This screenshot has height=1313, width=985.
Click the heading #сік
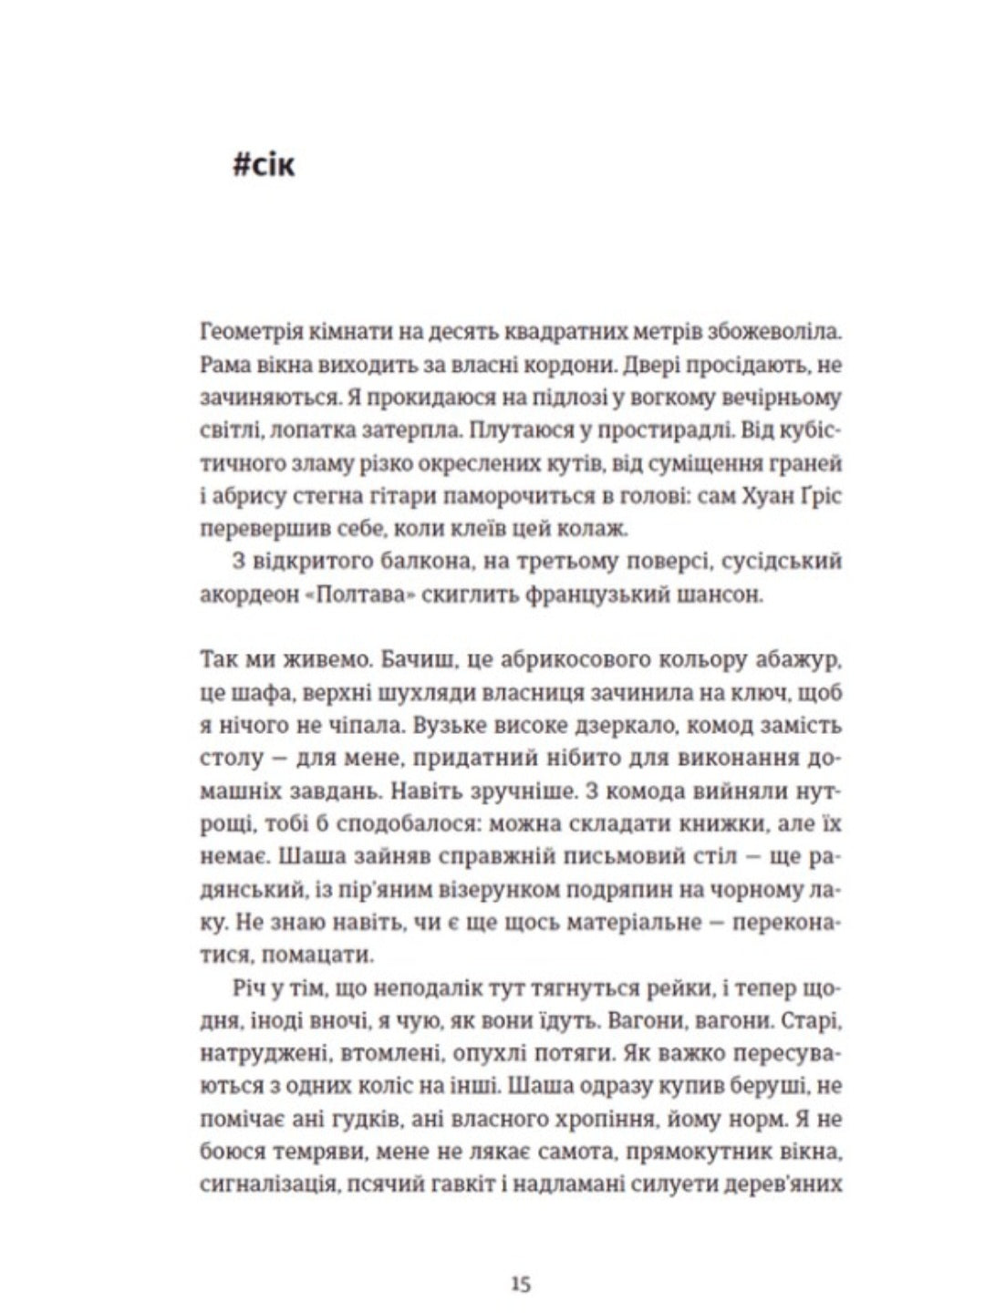tap(264, 167)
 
